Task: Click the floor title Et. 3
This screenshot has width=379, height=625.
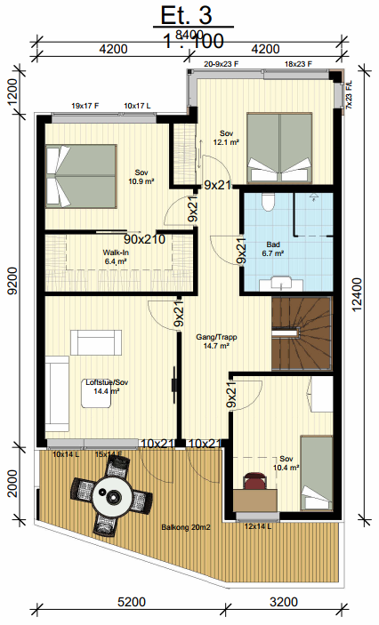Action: pyautogui.click(x=187, y=16)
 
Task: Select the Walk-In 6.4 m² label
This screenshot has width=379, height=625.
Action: pyautogui.click(x=117, y=257)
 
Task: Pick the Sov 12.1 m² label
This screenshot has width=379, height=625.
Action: pyautogui.click(x=226, y=138)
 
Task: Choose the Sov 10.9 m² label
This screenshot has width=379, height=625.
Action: pyautogui.click(x=141, y=176)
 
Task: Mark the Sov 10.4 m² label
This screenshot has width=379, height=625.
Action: pyautogui.click(x=286, y=462)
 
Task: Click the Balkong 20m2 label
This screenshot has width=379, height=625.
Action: pyautogui.click(x=184, y=528)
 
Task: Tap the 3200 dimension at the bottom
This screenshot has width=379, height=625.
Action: pyautogui.click(x=284, y=603)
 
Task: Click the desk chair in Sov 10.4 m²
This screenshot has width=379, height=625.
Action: pyautogui.click(x=256, y=481)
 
